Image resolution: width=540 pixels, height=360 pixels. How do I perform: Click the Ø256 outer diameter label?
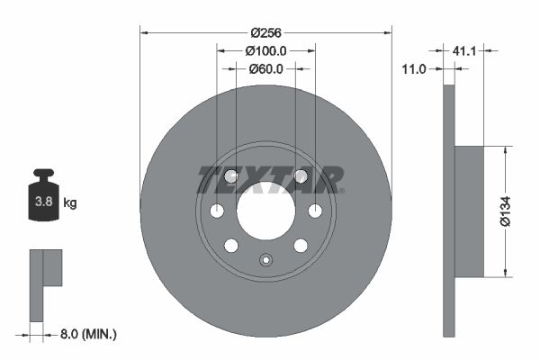click(x=265, y=33)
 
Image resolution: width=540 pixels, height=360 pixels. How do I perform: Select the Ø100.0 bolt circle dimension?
click(x=265, y=51)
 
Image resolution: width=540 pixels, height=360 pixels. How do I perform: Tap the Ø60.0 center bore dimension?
click(x=265, y=68)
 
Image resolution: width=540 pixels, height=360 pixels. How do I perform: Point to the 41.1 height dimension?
click(x=464, y=52)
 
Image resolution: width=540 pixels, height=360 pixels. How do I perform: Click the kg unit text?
click(x=70, y=203)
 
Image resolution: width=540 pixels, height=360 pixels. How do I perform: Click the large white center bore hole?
click(x=265, y=211)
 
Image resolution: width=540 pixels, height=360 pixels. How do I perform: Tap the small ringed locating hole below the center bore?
click(x=265, y=261)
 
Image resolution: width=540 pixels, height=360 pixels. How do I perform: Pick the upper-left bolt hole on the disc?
click(x=231, y=176)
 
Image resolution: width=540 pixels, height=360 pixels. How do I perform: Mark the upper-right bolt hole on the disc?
click(x=301, y=176)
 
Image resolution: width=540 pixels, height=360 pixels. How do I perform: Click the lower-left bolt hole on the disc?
click(x=231, y=246)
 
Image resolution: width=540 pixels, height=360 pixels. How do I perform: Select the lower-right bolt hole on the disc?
click(x=301, y=246)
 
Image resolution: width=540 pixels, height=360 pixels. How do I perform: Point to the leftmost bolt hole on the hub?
click(x=217, y=211)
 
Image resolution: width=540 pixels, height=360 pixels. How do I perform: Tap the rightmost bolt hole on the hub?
click(x=315, y=211)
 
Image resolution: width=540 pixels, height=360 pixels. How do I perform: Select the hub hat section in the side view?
click(x=470, y=211)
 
